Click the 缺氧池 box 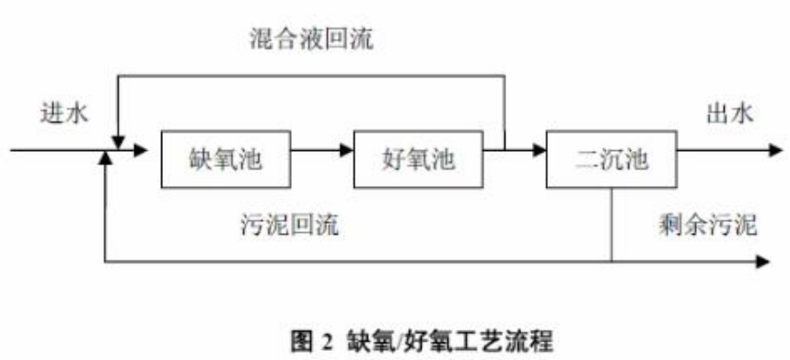pos(224,157)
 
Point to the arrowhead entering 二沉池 pos(539,147)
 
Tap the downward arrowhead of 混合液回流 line pos(118,139)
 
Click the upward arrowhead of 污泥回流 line pos(109,157)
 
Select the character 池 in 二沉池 pos(635,157)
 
